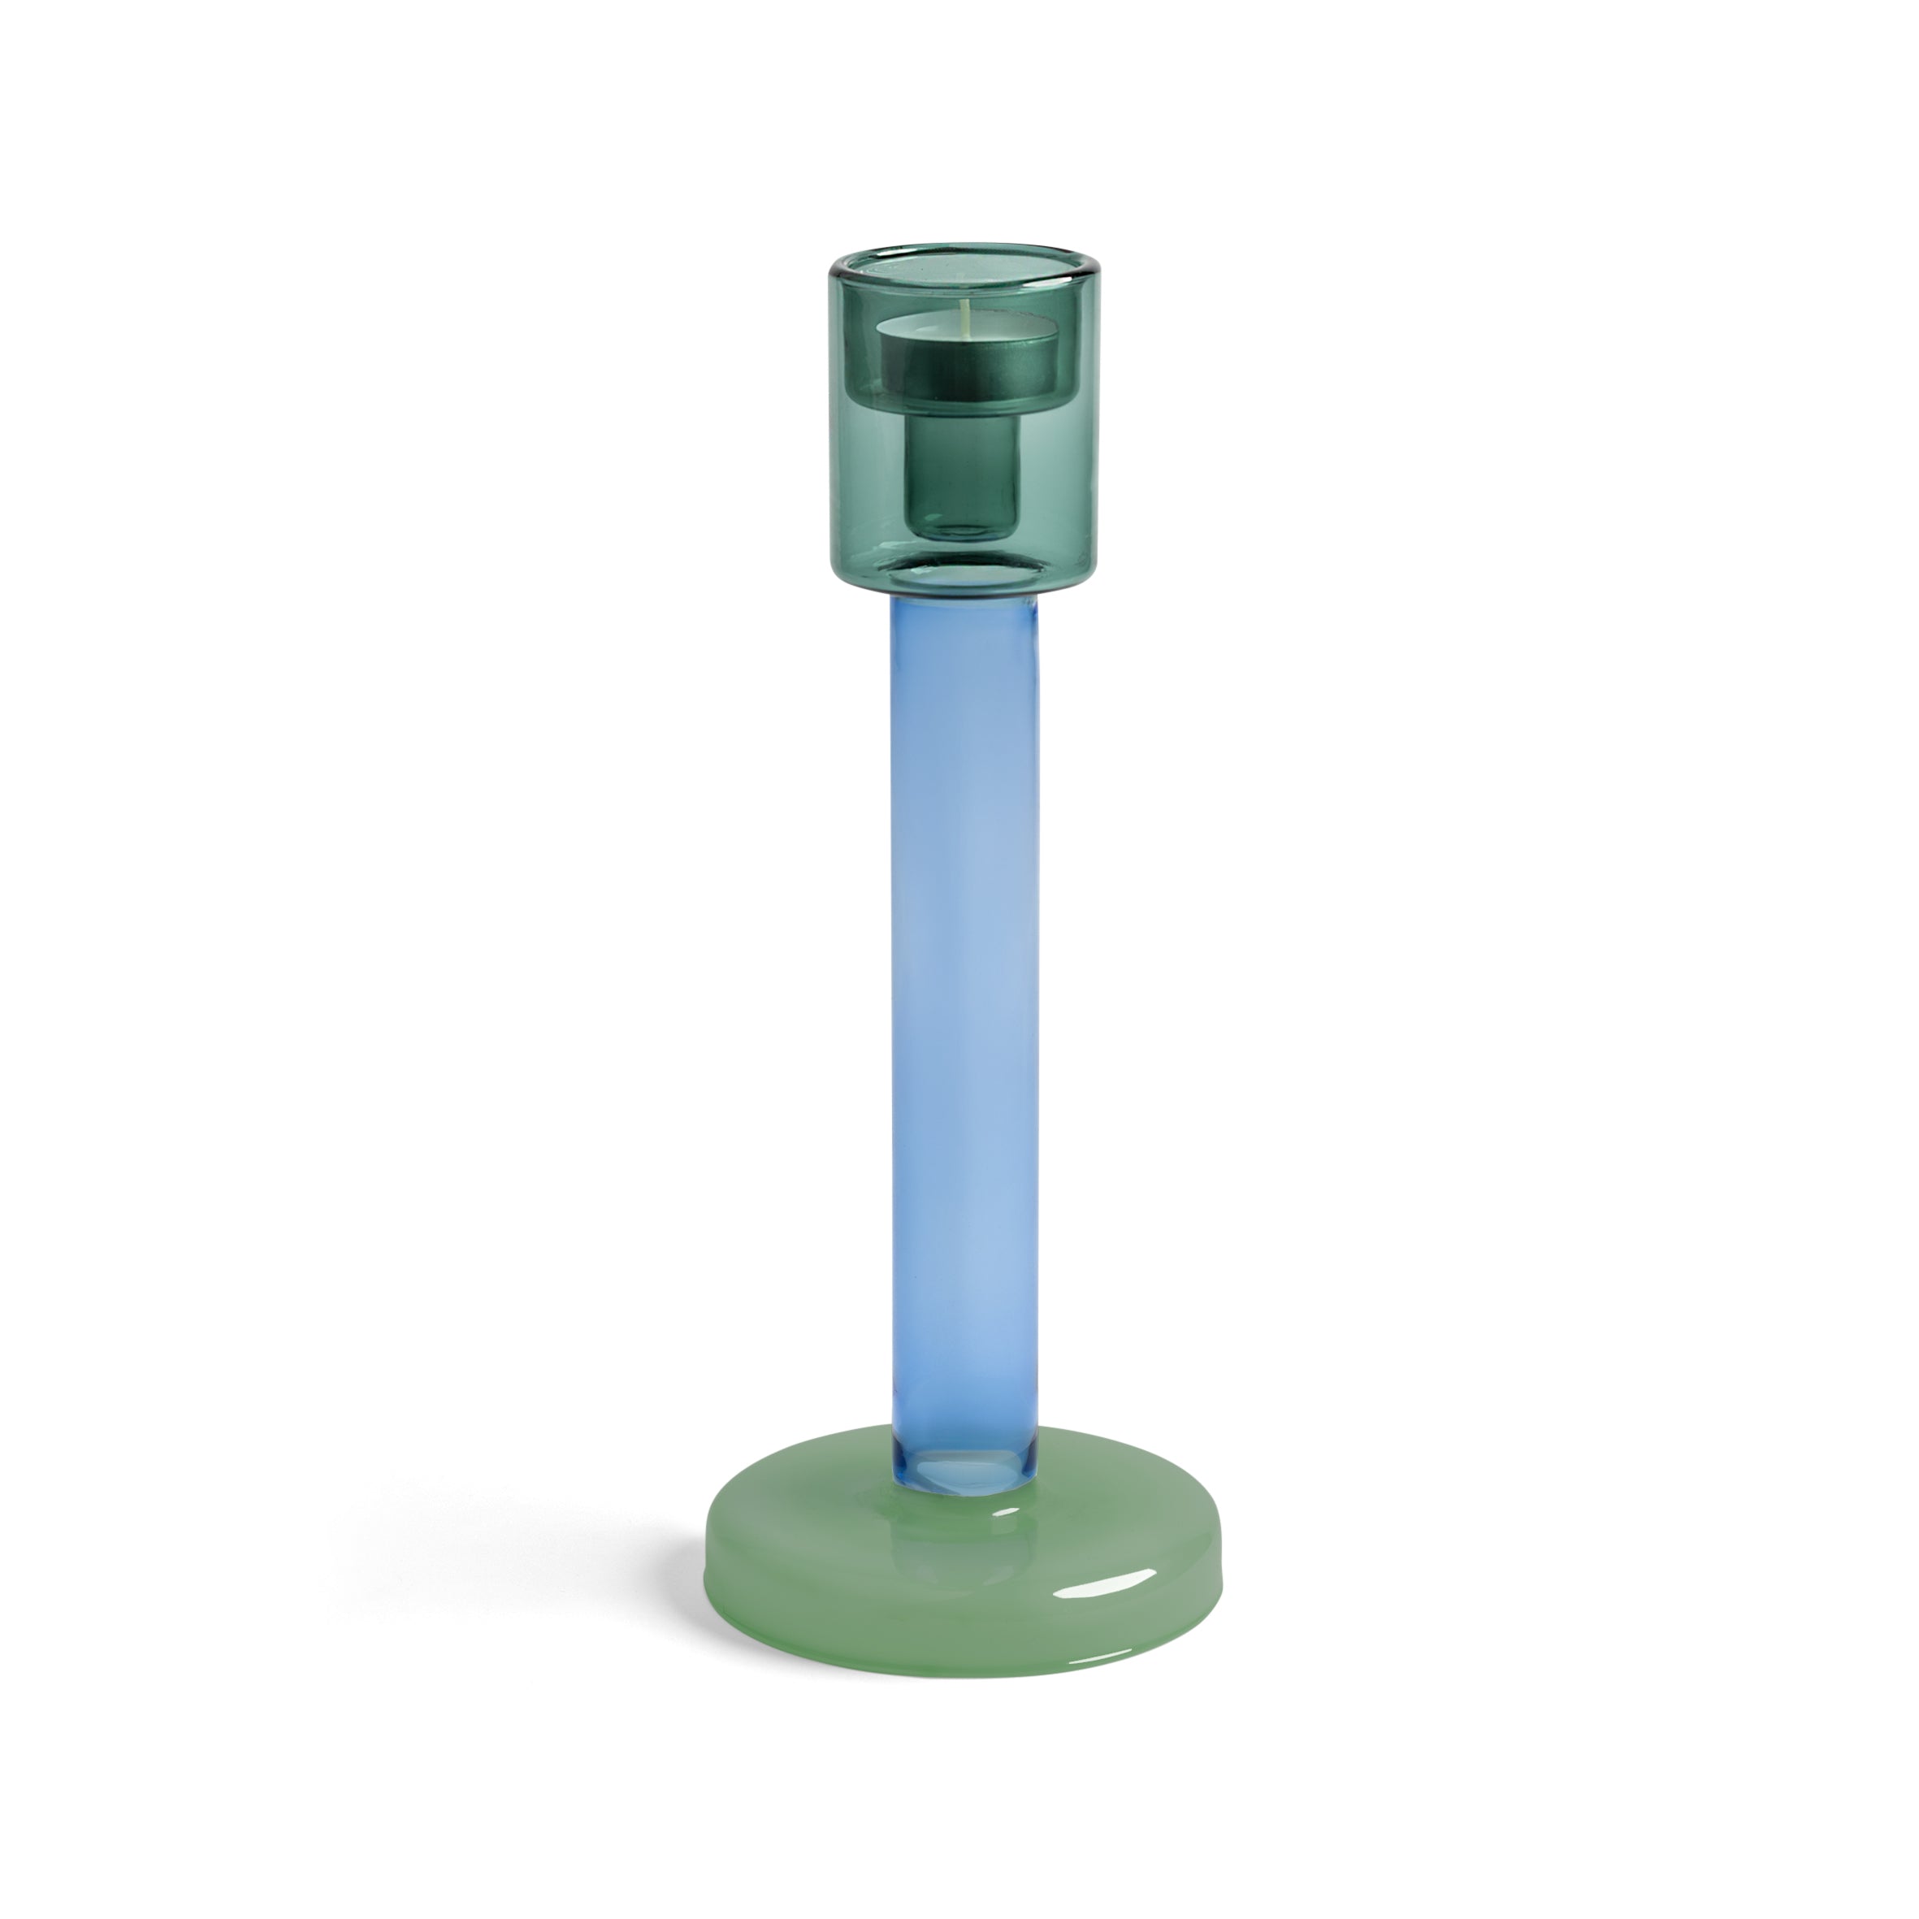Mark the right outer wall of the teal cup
tap(1089, 417)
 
